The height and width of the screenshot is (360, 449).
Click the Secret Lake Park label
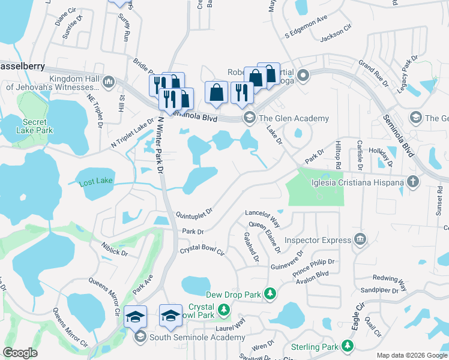(35, 125)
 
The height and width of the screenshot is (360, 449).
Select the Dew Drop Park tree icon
(270, 293)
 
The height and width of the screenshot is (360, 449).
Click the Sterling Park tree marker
(346, 346)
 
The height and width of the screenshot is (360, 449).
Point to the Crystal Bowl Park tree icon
(224, 310)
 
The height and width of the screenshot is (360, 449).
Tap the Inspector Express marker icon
(360, 240)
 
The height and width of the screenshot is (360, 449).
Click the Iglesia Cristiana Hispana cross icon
(412, 181)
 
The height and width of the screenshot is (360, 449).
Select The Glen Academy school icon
(247, 118)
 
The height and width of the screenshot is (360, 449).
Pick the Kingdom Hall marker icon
(109, 81)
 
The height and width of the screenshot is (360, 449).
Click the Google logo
(20, 353)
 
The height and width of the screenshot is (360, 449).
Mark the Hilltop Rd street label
(339, 155)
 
